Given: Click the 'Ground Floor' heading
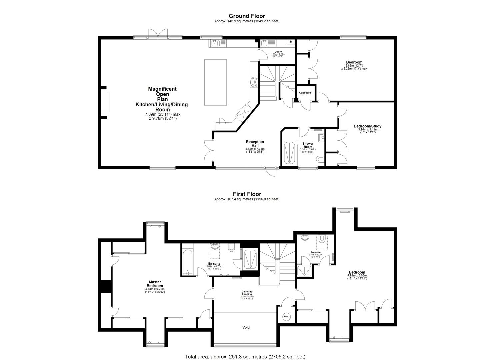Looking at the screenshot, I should coord(247,16).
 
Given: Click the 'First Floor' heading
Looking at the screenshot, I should coord(247,194).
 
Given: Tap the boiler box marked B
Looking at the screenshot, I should coord(291,42).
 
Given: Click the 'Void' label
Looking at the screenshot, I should coord(246,328).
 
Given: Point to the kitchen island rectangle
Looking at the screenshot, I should coord(215,82).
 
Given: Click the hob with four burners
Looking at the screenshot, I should coord(254,82).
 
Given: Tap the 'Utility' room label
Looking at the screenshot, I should coord(278,52).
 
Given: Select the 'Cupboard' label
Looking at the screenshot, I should coord(305,93).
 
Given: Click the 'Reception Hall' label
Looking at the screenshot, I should coord(255,144).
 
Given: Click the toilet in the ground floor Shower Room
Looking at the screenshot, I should coord(320,160).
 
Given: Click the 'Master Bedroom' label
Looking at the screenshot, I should coord(155,284).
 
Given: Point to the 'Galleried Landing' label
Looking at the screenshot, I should coord(247,293).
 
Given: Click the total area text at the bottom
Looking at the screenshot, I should coord(245,357).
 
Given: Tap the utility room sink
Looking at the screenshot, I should coord(265,43).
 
